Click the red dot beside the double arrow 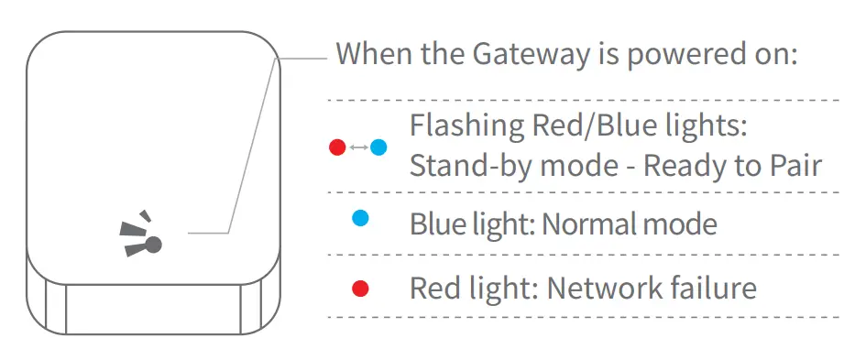[337, 147]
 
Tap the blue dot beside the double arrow [378, 147]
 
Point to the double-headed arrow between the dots [358, 147]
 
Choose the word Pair [795, 167]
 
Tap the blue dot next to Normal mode [360, 218]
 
